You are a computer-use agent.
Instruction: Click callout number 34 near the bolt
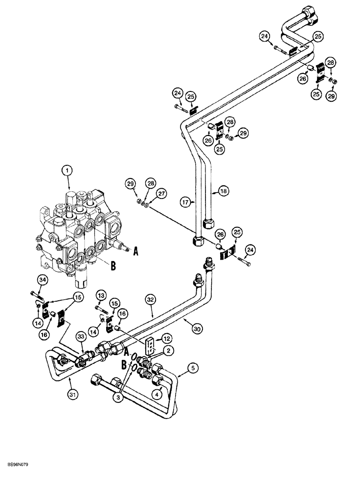click(42, 280)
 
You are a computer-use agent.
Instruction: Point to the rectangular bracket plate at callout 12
click(151, 345)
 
